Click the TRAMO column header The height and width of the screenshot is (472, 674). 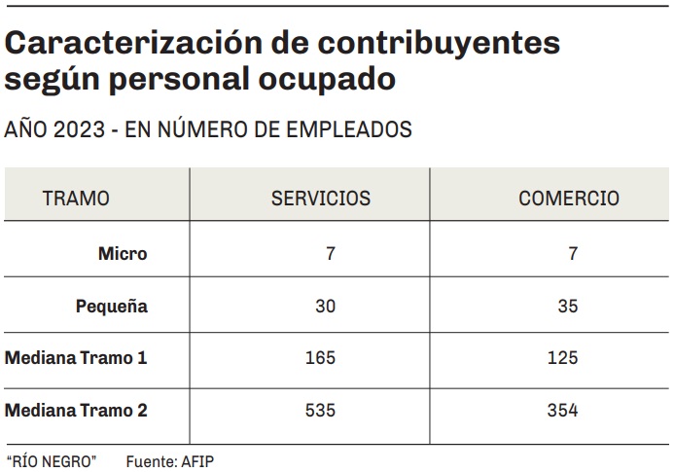[x=76, y=199]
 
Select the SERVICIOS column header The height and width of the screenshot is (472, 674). [x=320, y=199]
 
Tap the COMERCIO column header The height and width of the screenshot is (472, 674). [x=569, y=199]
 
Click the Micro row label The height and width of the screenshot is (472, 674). [x=123, y=254]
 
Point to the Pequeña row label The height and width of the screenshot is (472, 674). [x=112, y=307]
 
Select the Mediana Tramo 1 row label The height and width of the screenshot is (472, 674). [x=76, y=358]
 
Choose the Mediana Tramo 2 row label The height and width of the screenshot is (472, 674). [x=76, y=411]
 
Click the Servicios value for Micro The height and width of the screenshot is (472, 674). [x=331, y=254]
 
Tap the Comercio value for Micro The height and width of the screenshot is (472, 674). [x=573, y=254]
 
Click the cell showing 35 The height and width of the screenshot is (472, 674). [x=568, y=307]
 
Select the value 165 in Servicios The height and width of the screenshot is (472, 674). [x=320, y=358]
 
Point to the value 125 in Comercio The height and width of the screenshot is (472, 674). [x=562, y=358]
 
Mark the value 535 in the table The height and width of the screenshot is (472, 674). [x=320, y=411]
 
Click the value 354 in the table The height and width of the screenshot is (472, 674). [x=562, y=411]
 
